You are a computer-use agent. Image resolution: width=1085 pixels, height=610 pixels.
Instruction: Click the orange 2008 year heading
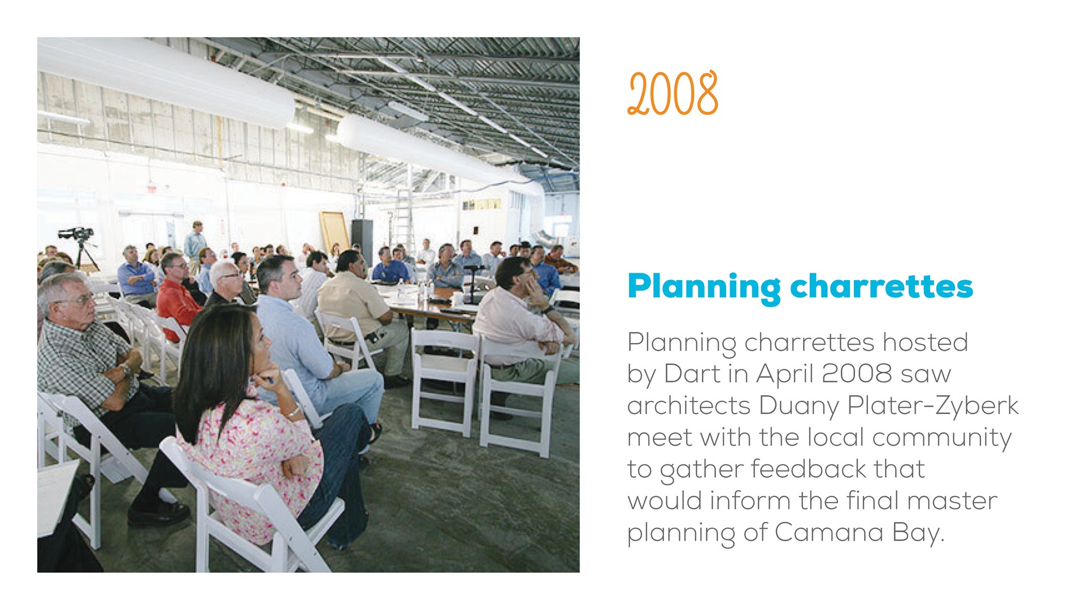[672, 93]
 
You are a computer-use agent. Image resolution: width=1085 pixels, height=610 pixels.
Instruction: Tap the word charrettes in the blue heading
[882, 286]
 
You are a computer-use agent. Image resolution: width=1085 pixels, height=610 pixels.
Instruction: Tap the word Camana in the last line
[829, 532]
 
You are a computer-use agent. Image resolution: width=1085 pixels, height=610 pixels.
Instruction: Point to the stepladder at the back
[402, 218]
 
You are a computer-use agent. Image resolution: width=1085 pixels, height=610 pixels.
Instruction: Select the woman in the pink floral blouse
[254, 424]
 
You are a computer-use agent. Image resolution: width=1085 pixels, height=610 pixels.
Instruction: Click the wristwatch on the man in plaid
[125, 370]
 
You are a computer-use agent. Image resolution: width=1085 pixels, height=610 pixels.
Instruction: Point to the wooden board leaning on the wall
[335, 232]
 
